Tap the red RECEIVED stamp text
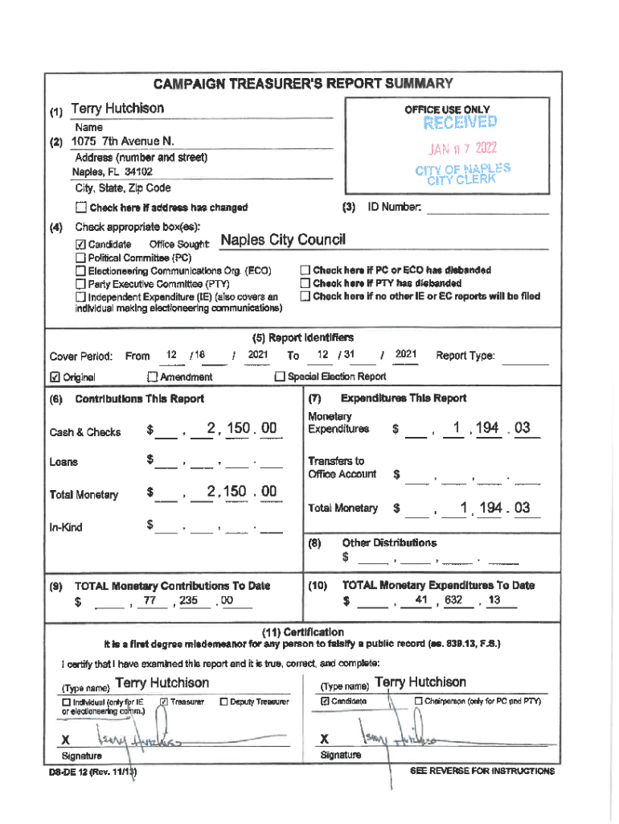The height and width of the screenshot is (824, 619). pos(460,122)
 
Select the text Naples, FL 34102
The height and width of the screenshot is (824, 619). pos(113,172)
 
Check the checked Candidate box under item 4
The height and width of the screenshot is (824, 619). pos(80,244)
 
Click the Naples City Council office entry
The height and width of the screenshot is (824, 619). pos(282,241)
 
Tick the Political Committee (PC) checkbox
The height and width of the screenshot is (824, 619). pos(80,257)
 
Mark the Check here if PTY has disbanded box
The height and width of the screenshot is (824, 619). pos(305,283)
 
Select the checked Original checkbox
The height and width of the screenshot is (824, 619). pos(55,377)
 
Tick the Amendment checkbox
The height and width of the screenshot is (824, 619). pos(152,377)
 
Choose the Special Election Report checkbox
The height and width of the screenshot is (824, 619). pos(280,377)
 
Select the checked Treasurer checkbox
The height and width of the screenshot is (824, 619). pos(163,702)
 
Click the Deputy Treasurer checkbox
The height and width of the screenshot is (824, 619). pos(223,702)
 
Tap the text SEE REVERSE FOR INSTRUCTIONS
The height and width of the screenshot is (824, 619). pos(482,771)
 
